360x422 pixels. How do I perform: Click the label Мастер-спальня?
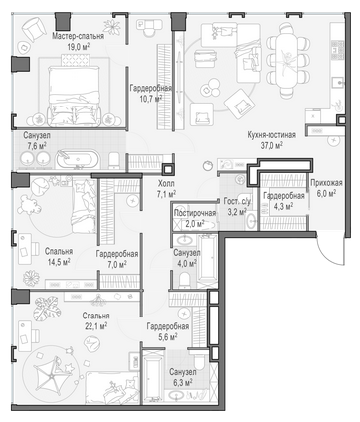click(x=78, y=36)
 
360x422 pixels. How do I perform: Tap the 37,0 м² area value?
click(x=271, y=145)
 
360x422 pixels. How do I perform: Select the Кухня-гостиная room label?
click(x=271, y=135)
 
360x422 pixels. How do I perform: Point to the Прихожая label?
click(x=326, y=183)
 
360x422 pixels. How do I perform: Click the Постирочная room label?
click(x=195, y=213)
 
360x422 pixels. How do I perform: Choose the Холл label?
click(x=166, y=183)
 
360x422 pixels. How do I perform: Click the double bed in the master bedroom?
click(x=75, y=96)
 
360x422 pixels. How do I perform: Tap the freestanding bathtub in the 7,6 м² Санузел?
click(x=77, y=159)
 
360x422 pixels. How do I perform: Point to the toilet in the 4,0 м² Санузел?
click(x=184, y=280)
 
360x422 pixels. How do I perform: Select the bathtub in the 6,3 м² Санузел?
click(x=152, y=375)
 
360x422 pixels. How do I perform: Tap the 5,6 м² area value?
click(x=167, y=336)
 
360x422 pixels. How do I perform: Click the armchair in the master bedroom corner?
click(x=34, y=29)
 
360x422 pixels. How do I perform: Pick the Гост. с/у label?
click(x=238, y=201)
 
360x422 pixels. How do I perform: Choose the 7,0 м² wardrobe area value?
click(x=117, y=265)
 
